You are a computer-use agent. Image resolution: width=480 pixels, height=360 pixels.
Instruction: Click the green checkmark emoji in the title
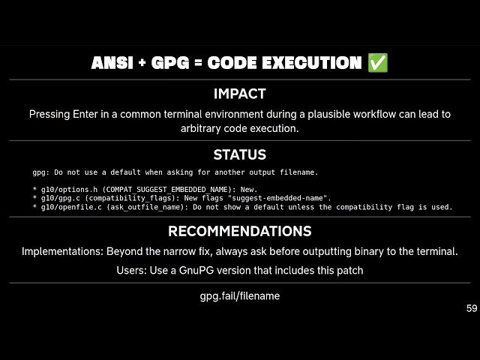(378, 63)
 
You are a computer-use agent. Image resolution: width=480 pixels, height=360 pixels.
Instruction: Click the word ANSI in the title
(111, 64)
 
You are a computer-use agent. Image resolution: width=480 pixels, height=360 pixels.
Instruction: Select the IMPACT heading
(239, 94)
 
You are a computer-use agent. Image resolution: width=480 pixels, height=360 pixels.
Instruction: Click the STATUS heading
(239, 155)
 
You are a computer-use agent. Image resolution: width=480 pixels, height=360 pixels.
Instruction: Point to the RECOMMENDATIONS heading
(239, 231)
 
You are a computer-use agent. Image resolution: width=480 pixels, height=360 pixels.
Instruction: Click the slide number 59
(471, 308)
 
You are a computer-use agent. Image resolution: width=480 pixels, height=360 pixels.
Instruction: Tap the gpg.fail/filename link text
(239, 296)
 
